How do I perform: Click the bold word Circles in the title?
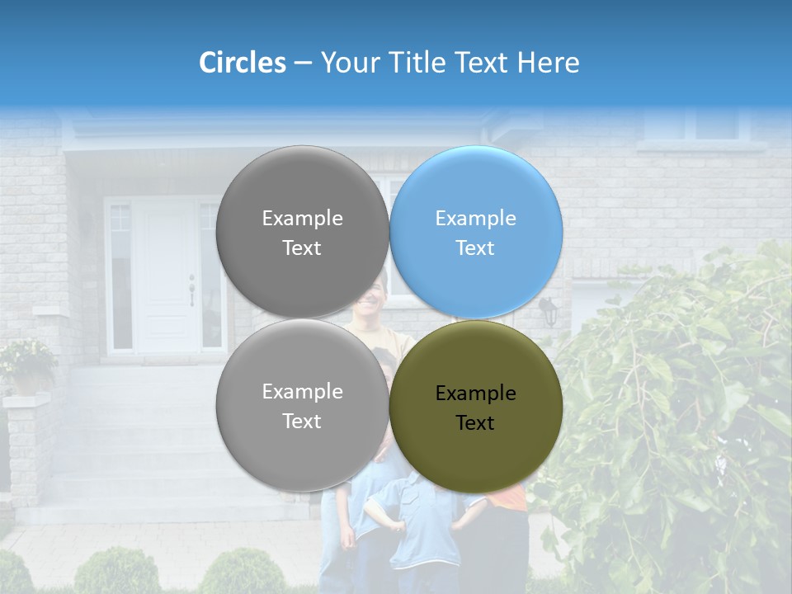coord(243,63)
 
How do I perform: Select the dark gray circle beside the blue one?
coord(302,232)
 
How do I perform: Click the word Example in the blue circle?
coord(476,219)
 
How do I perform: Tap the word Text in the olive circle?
coord(475,423)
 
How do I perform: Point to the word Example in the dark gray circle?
coord(302,219)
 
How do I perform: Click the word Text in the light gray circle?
coord(302,422)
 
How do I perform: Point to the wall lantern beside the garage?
coord(548,310)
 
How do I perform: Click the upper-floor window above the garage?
coord(691,124)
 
